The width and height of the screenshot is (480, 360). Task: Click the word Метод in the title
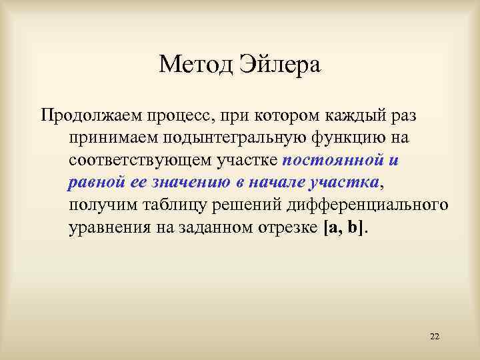click(193, 65)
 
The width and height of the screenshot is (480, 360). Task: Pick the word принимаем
click(110, 138)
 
